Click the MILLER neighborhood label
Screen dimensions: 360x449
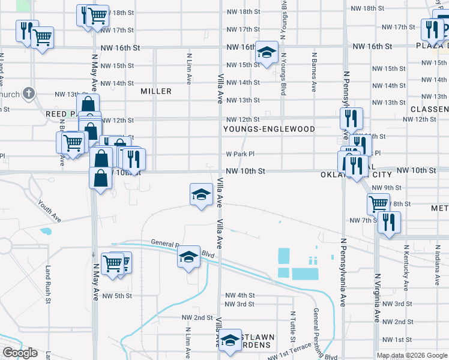(x=156, y=91)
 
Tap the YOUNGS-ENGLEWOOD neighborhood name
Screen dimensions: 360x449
(x=269, y=129)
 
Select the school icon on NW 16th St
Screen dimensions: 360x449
(x=266, y=52)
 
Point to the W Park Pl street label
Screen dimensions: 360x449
(x=241, y=154)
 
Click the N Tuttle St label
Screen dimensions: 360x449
(x=293, y=323)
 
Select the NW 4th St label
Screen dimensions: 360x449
(x=240, y=296)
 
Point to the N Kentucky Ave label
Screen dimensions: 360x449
(x=406, y=262)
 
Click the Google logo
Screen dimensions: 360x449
(x=20, y=353)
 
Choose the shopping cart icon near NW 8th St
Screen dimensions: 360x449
(x=378, y=203)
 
